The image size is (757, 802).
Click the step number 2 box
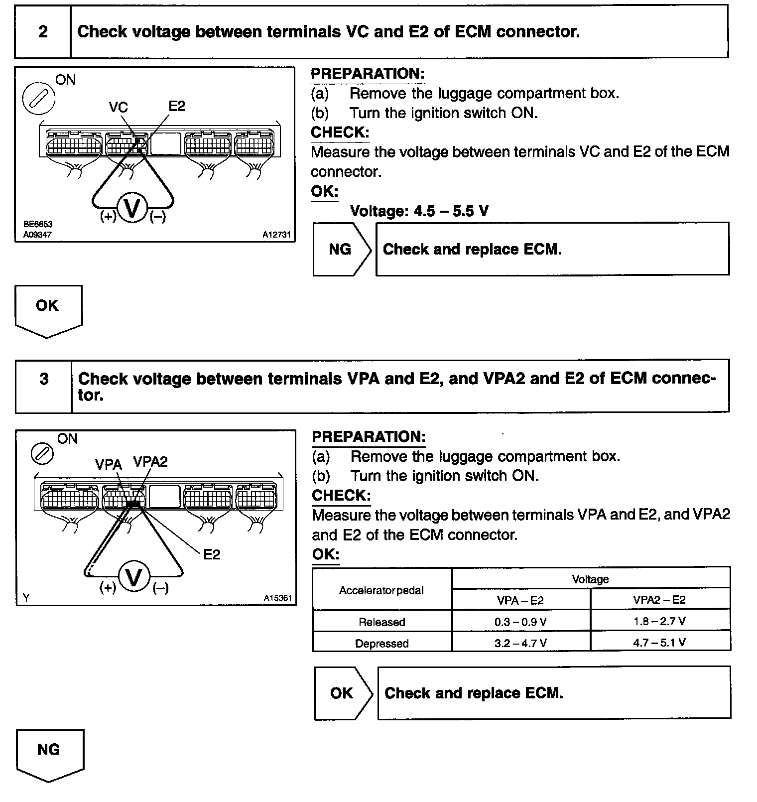click(43, 32)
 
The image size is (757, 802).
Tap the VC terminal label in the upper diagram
click(118, 107)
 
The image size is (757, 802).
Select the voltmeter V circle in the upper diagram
click(132, 208)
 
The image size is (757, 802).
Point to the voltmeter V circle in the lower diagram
click(134, 578)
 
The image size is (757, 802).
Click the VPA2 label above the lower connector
click(150, 462)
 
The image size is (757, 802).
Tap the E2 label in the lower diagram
click(212, 554)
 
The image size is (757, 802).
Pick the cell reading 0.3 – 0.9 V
click(520, 622)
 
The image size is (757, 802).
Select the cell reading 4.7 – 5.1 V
click(659, 643)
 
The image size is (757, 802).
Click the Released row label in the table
click(382, 622)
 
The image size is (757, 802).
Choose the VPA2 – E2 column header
click(659, 600)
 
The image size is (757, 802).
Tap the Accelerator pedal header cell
click(381, 590)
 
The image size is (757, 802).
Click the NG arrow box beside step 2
click(342, 249)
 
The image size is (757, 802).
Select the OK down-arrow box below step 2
click(48, 309)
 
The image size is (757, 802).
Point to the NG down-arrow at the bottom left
click(49, 753)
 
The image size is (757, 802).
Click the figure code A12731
click(276, 234)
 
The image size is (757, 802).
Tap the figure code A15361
click(277, 598)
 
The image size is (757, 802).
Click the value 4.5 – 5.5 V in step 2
click(451, 211)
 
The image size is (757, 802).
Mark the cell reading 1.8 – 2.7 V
click(659, 621)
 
